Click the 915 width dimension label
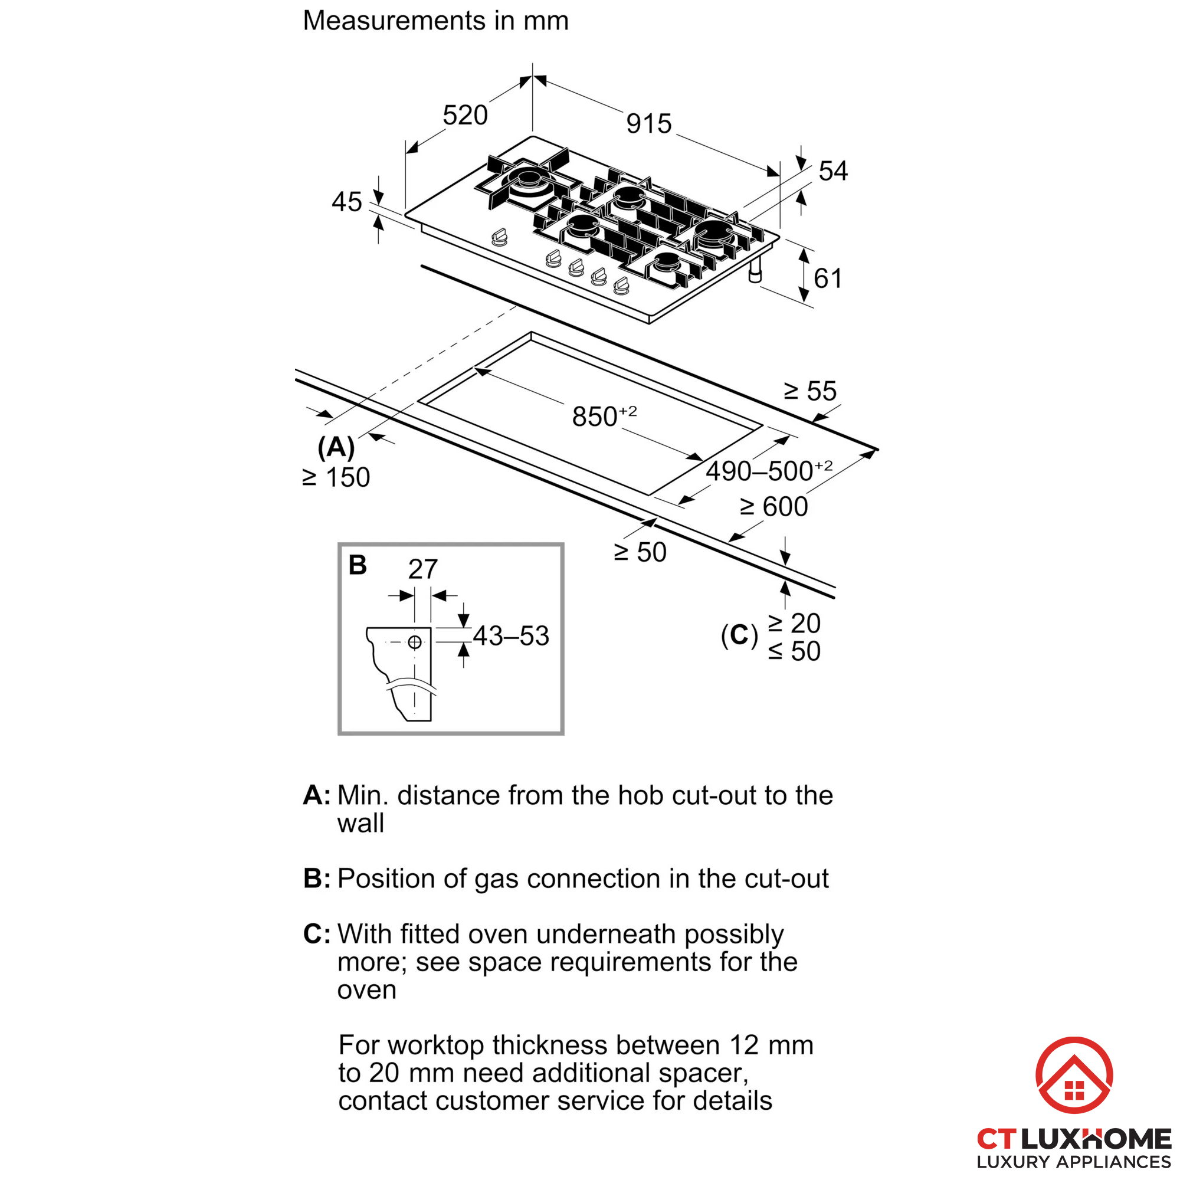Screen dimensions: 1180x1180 [648, 124]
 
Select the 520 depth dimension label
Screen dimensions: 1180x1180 [465, 116]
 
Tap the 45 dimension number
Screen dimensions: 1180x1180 [347, 202]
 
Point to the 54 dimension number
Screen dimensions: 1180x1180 [833, 171]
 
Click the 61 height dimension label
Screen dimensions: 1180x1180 [828, 278]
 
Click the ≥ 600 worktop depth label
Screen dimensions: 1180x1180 [774, 507]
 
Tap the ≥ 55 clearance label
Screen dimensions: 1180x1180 [810, 391]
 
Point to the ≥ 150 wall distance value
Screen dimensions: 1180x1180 [336, 478]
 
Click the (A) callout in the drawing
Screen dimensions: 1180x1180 [336, 448]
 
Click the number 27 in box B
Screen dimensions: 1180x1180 [422, 569]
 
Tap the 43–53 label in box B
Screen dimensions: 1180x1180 [511, 636]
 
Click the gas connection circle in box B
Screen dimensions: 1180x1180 [415, 642]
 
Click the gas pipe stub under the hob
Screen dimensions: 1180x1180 [756, 270]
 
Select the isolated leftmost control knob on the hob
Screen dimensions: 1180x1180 [500, 238]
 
